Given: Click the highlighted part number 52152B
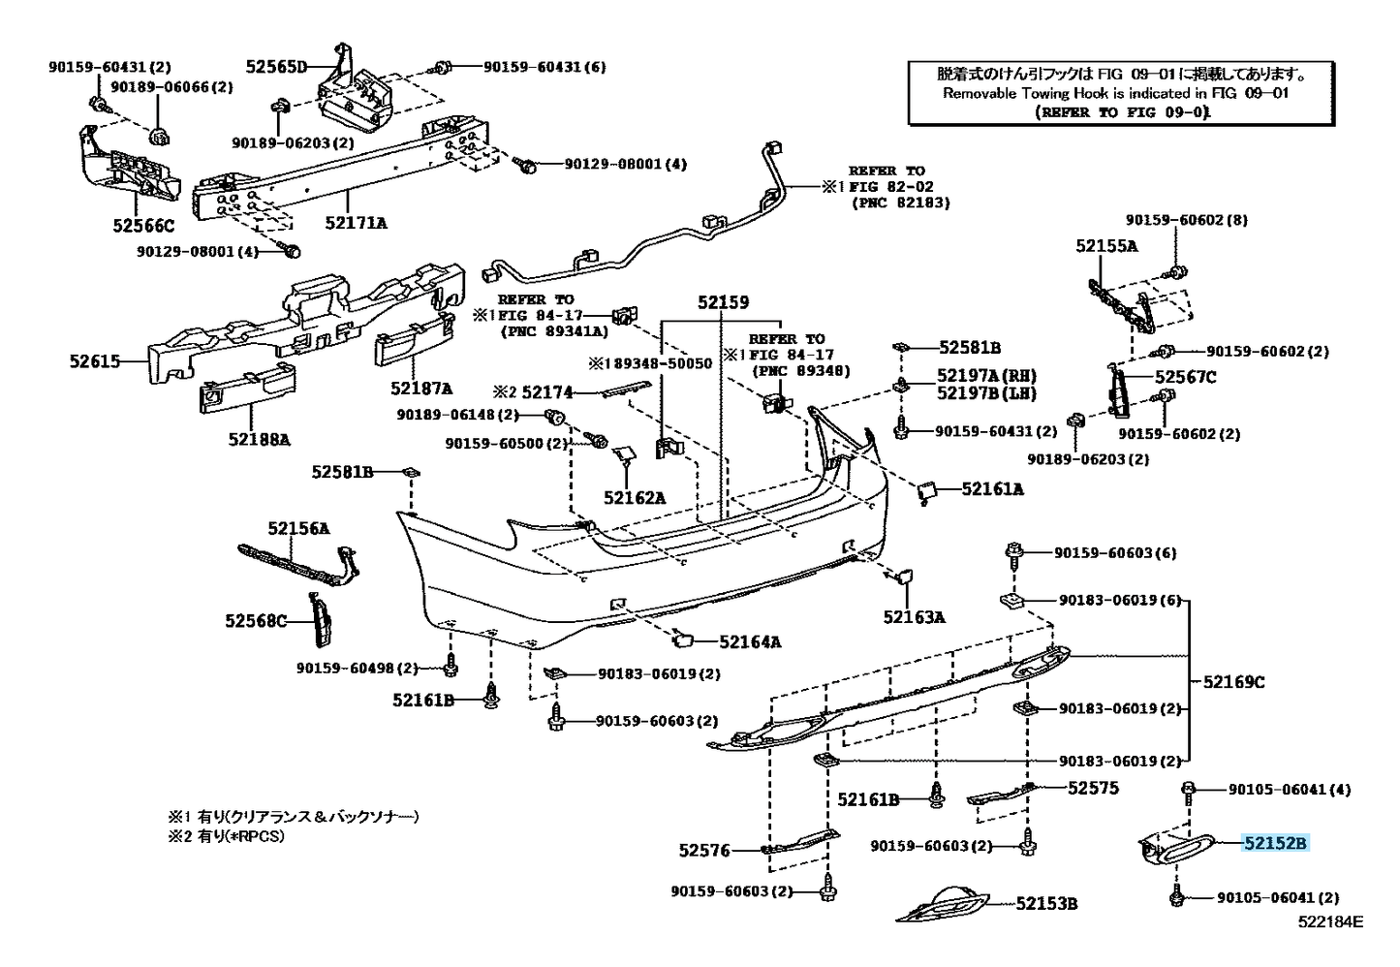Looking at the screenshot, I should (1275, 843).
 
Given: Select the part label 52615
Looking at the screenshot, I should (95, 361).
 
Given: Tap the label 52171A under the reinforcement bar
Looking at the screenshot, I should (356, 223).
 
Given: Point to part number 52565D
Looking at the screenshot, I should (275, 67).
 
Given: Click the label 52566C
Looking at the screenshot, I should (142, 226).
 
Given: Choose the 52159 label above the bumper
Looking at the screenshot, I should (723, 302).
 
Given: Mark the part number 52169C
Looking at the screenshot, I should (1233, 682).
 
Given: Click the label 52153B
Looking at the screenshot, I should (1046, 904).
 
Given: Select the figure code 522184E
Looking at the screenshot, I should (1330, 922).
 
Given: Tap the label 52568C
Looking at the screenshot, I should (256, 621).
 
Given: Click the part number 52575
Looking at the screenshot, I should (1093, 789).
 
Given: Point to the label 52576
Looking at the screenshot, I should (704, 851).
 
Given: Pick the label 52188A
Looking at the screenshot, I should (259, 439).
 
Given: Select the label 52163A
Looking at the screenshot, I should (914, 616).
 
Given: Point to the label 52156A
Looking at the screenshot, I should (298, 528).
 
